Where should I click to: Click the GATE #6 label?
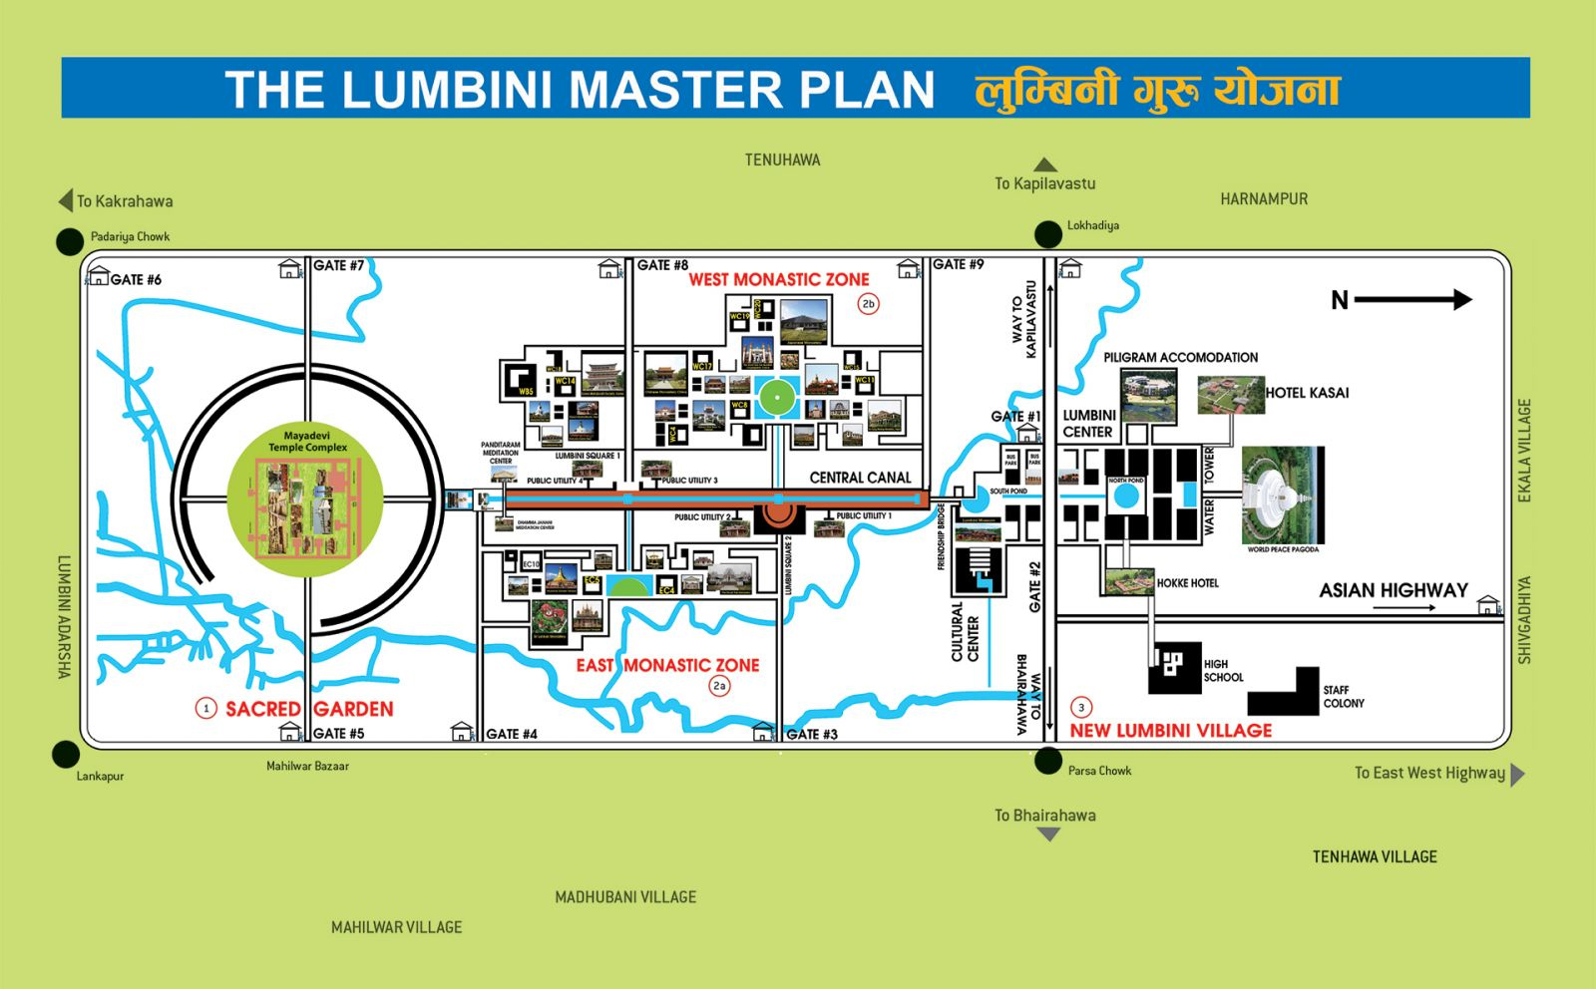point(136,279)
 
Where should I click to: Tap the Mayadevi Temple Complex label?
point(307,441)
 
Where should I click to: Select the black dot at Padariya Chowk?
point(69,241)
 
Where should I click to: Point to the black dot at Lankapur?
point(66,755)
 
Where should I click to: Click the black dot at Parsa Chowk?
point(1047,762)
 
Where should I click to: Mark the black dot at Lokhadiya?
point(1047,235)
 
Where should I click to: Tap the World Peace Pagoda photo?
point(1283,495)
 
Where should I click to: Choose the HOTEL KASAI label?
point(1307,393)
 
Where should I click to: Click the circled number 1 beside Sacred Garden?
point(206,709)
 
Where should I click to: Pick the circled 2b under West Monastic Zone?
point(868,304)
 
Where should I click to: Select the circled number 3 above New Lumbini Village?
point(1081,707)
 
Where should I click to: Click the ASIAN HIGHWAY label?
point(1394,590)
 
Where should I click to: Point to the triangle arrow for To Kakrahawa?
point(66,200)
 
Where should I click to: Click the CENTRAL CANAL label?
point(860,478)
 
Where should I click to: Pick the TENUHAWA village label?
point(782,160)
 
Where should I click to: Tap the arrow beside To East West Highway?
point(1517,774)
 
